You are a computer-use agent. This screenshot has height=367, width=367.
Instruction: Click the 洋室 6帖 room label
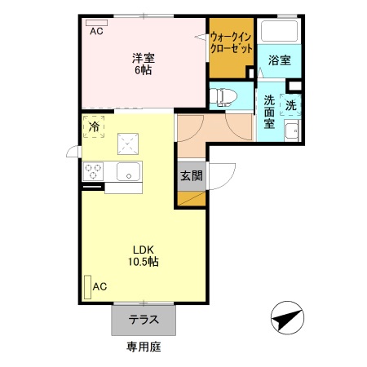click(x=144, y=63)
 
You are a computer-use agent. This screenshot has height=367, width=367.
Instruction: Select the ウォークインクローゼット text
click(x=230, y=42)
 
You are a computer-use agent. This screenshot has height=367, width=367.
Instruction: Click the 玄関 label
click(x=192, y=175)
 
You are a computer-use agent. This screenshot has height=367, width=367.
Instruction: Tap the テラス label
click(x=143, y=320)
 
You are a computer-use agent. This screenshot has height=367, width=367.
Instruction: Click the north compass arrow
click(x=286, y=318)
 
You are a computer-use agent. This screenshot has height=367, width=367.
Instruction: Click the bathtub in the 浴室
click(x=280, y=32)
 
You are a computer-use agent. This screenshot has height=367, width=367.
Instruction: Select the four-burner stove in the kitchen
click(x=93, y=171)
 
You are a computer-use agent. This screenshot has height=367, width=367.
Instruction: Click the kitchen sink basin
click(x=128, y=171)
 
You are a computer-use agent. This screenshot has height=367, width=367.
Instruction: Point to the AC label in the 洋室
click(x=96, y=32)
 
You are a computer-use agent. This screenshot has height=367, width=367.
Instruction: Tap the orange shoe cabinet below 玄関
click(x=192, y=198)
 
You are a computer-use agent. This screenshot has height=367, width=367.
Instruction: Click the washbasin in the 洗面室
click(x=291, y=130)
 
